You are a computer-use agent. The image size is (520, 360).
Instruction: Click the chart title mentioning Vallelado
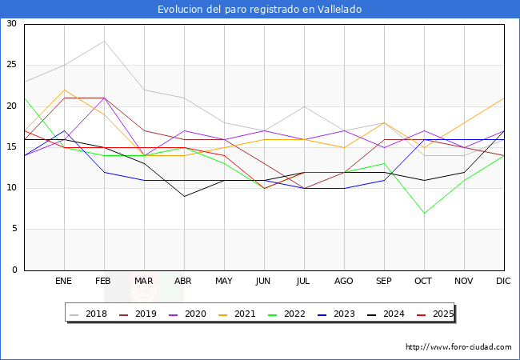click(259, 10)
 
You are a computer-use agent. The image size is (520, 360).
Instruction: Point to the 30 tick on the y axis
click(11, 24)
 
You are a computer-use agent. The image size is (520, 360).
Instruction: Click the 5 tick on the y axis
click(14, 230)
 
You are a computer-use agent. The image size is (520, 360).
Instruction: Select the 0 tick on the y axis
click(14, 270)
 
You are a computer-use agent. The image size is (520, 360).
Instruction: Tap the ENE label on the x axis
click(64, 282)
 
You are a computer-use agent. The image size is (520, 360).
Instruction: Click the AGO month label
click(344, 282)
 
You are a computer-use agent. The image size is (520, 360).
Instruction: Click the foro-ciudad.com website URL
click(458, 347)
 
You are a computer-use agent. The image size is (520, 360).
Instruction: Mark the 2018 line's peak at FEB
click(104, 41)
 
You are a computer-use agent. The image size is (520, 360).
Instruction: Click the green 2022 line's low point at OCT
click(424, 213)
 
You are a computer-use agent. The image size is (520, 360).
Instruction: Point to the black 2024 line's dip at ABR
click(184, 197)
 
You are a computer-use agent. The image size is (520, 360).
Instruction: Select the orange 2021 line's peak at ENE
click(64, 90)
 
